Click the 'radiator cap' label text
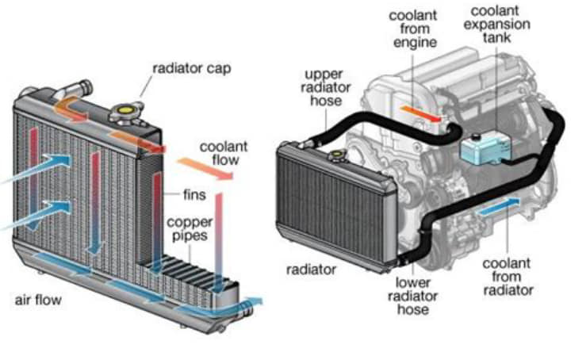coord(191,68)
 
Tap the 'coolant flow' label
coord(224,154)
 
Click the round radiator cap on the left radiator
coord(128,113)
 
